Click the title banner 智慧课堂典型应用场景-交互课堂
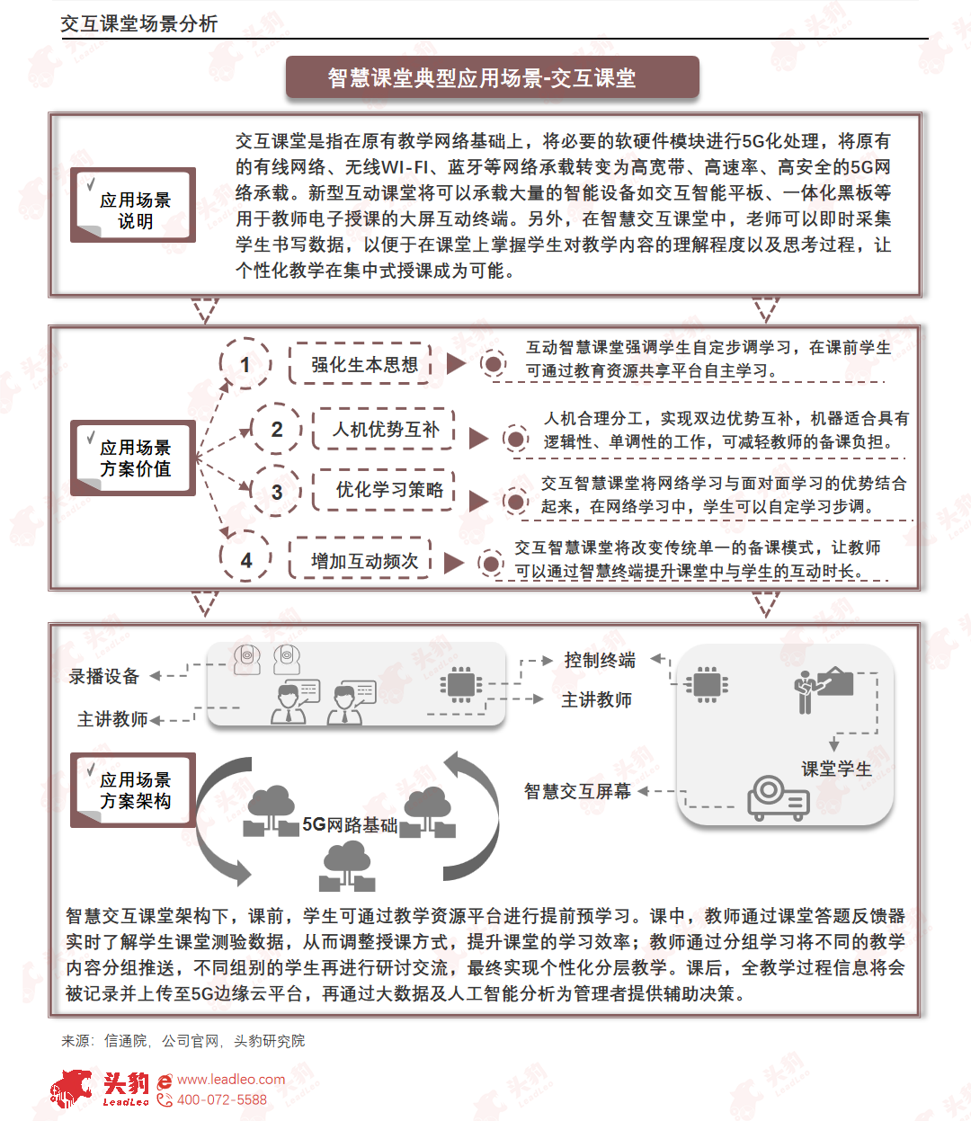[492, 77]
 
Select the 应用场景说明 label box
[133, 205]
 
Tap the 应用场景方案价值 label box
[133, 458]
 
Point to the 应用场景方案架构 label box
[133, 790]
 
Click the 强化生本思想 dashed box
[361, 364]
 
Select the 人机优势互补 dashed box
[384, 429]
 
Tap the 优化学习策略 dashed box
[384, 490]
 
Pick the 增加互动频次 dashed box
[361, 560]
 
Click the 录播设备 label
[104, 676]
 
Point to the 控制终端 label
[600, 660]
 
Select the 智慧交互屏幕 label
[577, 791]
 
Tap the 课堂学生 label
[836, 769]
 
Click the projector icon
[779, 797]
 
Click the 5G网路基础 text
[350, 825]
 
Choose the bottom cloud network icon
[347, 866]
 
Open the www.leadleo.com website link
[230, 1080]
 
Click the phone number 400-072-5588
[222, 1099]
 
